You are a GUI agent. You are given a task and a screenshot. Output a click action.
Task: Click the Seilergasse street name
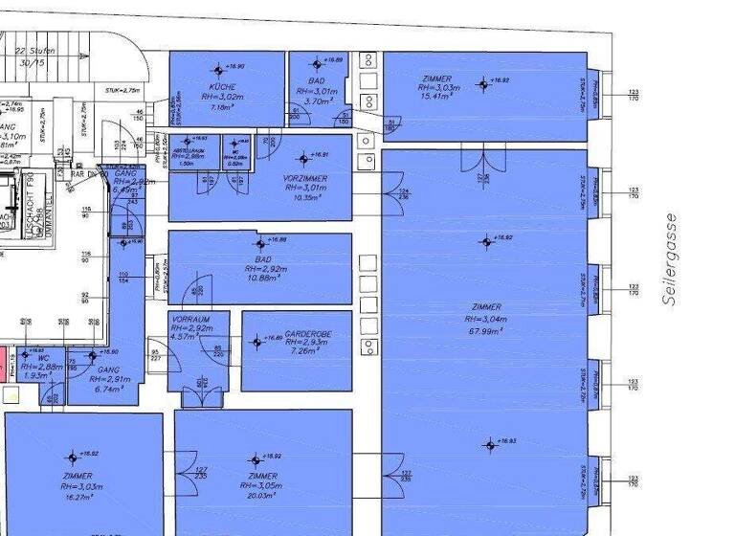pos(669,259)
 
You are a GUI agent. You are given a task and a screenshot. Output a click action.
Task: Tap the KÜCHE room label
pos(218,87)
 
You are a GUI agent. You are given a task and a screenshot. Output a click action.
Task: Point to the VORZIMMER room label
pos(304,178)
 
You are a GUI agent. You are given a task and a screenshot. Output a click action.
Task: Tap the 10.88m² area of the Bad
pos(262,278)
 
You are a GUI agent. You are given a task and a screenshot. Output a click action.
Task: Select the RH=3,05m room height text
pos(262,485)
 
